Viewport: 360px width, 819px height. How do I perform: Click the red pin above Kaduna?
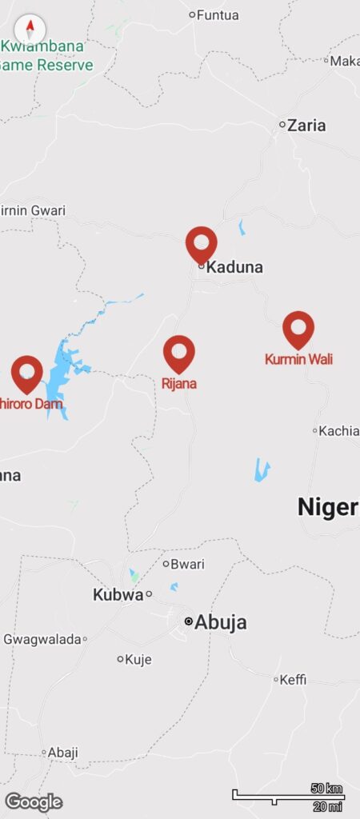[x=201, y=243]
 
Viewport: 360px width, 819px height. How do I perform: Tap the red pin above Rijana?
[x=179, y=352]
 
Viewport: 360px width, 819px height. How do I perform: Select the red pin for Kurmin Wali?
[x=298, y=328]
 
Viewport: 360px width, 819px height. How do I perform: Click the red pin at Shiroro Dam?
[x=27, y=373]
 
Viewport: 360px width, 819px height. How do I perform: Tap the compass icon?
[x=30, y=30]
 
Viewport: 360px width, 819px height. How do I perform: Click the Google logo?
[x=34, y=801]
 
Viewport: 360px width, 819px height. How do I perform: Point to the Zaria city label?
[x=306, y=125]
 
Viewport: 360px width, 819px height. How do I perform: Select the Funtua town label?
[x=218, y=14]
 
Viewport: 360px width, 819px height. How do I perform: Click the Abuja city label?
[x=221, y=622]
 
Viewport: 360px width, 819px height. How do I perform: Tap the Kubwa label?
[x=117, y=594]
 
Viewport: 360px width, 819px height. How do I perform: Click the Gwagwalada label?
[x=42, y=639]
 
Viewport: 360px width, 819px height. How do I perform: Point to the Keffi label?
[x=293, y=680]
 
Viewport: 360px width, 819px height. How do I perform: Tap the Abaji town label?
[x=63, y=753]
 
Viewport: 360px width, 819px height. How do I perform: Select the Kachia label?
[x=339, y=430]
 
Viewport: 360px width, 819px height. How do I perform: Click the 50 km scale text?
[x=326, y=789]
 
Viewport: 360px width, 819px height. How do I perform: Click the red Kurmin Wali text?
[x=298, y=360]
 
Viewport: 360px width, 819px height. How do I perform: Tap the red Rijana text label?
[x=179, y=384]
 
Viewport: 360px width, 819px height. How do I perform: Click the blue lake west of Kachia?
[x=262, y=469]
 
